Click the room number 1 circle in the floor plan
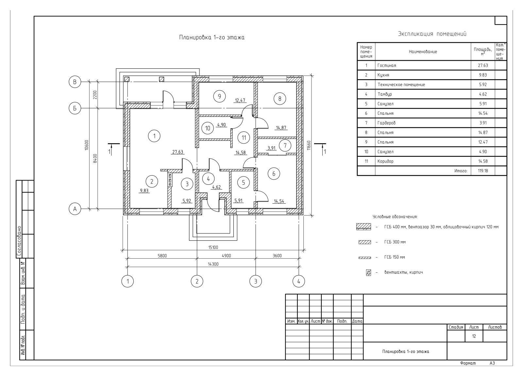click(154, 135)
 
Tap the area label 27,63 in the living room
click(178, 152)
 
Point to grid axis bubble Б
click(75, 108)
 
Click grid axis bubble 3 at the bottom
click(256, 281)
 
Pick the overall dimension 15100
click(213, 247)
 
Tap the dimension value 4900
click(226, 256)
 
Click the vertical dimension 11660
click(308, 145)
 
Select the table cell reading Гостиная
click(387, 65)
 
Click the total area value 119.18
click(483, 171)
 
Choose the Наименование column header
click(423, 52)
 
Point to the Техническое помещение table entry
click(401, 85)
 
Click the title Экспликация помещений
click(432, 34)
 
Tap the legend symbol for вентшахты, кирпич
click(368, 272)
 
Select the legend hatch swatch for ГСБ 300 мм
click(365, 242)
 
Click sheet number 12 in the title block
click(474, 336)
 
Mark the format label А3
click(492, 363)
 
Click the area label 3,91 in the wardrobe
click(272, 148)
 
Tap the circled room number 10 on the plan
click(208, 128)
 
